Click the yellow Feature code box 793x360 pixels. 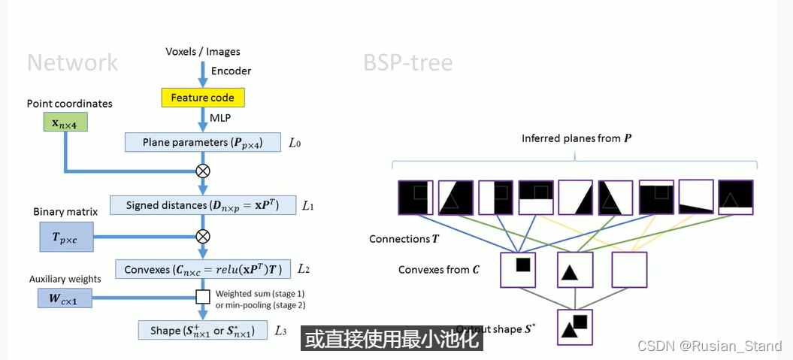202,98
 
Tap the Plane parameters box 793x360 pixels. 201,142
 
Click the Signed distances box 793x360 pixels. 202,205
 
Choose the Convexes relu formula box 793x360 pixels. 202,269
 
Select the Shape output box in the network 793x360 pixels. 202,330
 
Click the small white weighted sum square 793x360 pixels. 202,297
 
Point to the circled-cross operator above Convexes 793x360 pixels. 202,236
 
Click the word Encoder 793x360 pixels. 231,71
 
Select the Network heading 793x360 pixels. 72,62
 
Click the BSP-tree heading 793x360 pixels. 408,62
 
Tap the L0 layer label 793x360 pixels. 295,142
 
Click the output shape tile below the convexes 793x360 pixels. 574,327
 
